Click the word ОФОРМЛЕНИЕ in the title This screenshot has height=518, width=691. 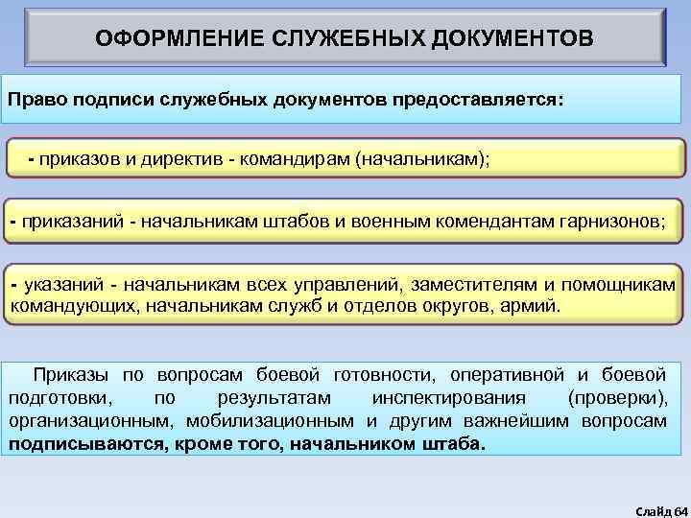173,39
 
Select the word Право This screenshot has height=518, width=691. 35,100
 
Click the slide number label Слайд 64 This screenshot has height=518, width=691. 655,506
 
